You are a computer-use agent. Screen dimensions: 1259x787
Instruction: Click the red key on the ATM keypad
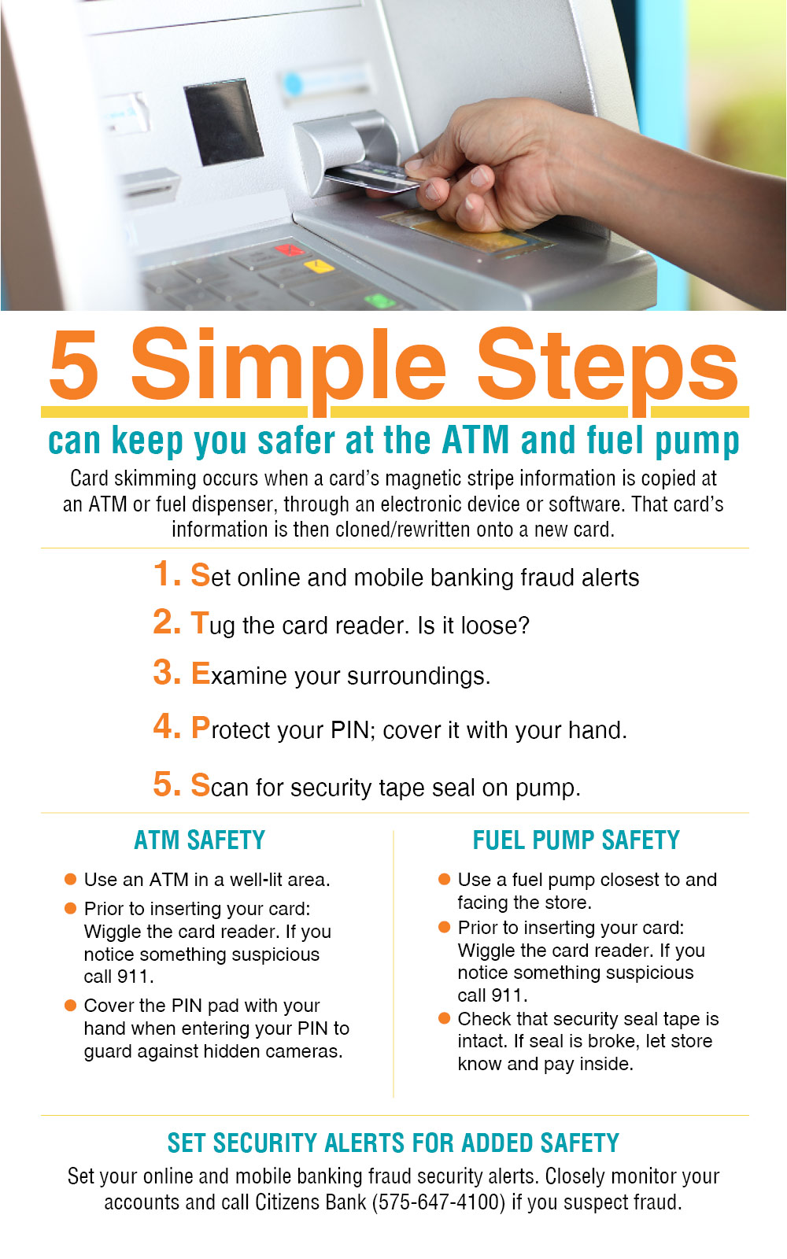point(289,250)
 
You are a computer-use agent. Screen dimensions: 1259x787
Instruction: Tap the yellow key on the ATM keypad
point(319,267)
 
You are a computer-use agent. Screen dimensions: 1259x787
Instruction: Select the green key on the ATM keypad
point(379,301)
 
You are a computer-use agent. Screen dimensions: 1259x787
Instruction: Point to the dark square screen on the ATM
point(223,122)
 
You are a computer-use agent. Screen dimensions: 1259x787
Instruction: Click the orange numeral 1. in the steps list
point(166,574)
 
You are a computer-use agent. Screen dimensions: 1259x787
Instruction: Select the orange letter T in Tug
point(200,623)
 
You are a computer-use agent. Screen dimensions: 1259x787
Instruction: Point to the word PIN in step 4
point(349,730)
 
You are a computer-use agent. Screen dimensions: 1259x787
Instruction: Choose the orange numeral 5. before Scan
point(166,785)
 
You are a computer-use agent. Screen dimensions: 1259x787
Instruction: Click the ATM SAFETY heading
point(199,840)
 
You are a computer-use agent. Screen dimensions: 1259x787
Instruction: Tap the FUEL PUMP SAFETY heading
point(575,840)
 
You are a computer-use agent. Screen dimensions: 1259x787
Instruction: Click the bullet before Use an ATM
point(70,879)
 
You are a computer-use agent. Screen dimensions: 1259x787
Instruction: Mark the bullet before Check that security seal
point(444,1018)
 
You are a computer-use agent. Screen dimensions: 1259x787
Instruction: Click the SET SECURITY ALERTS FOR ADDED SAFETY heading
point(393,1143)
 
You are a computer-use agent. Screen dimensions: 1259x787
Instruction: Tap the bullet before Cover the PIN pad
point(70,1005)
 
